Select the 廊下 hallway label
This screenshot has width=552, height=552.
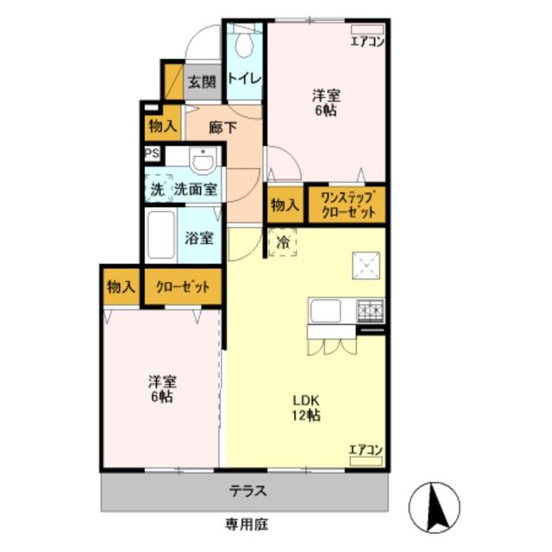tap(223, 127)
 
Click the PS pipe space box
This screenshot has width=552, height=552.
tap(152, 155)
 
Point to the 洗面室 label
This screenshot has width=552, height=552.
tap(195, 189)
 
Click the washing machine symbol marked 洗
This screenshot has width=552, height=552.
tap(157, 189)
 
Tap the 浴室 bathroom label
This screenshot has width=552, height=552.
tap(200, 238)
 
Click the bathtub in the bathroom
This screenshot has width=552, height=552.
tap(160, 233)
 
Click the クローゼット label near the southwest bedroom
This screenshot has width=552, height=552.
tap(182, 287)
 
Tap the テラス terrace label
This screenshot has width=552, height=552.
tap(248, 492)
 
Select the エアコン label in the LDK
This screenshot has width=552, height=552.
tap(366, 449)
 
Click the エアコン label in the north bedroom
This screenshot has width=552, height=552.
tap(367, 41)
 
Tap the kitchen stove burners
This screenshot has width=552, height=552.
tap(370, 309)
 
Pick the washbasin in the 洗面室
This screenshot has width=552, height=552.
tap(204, 161)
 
